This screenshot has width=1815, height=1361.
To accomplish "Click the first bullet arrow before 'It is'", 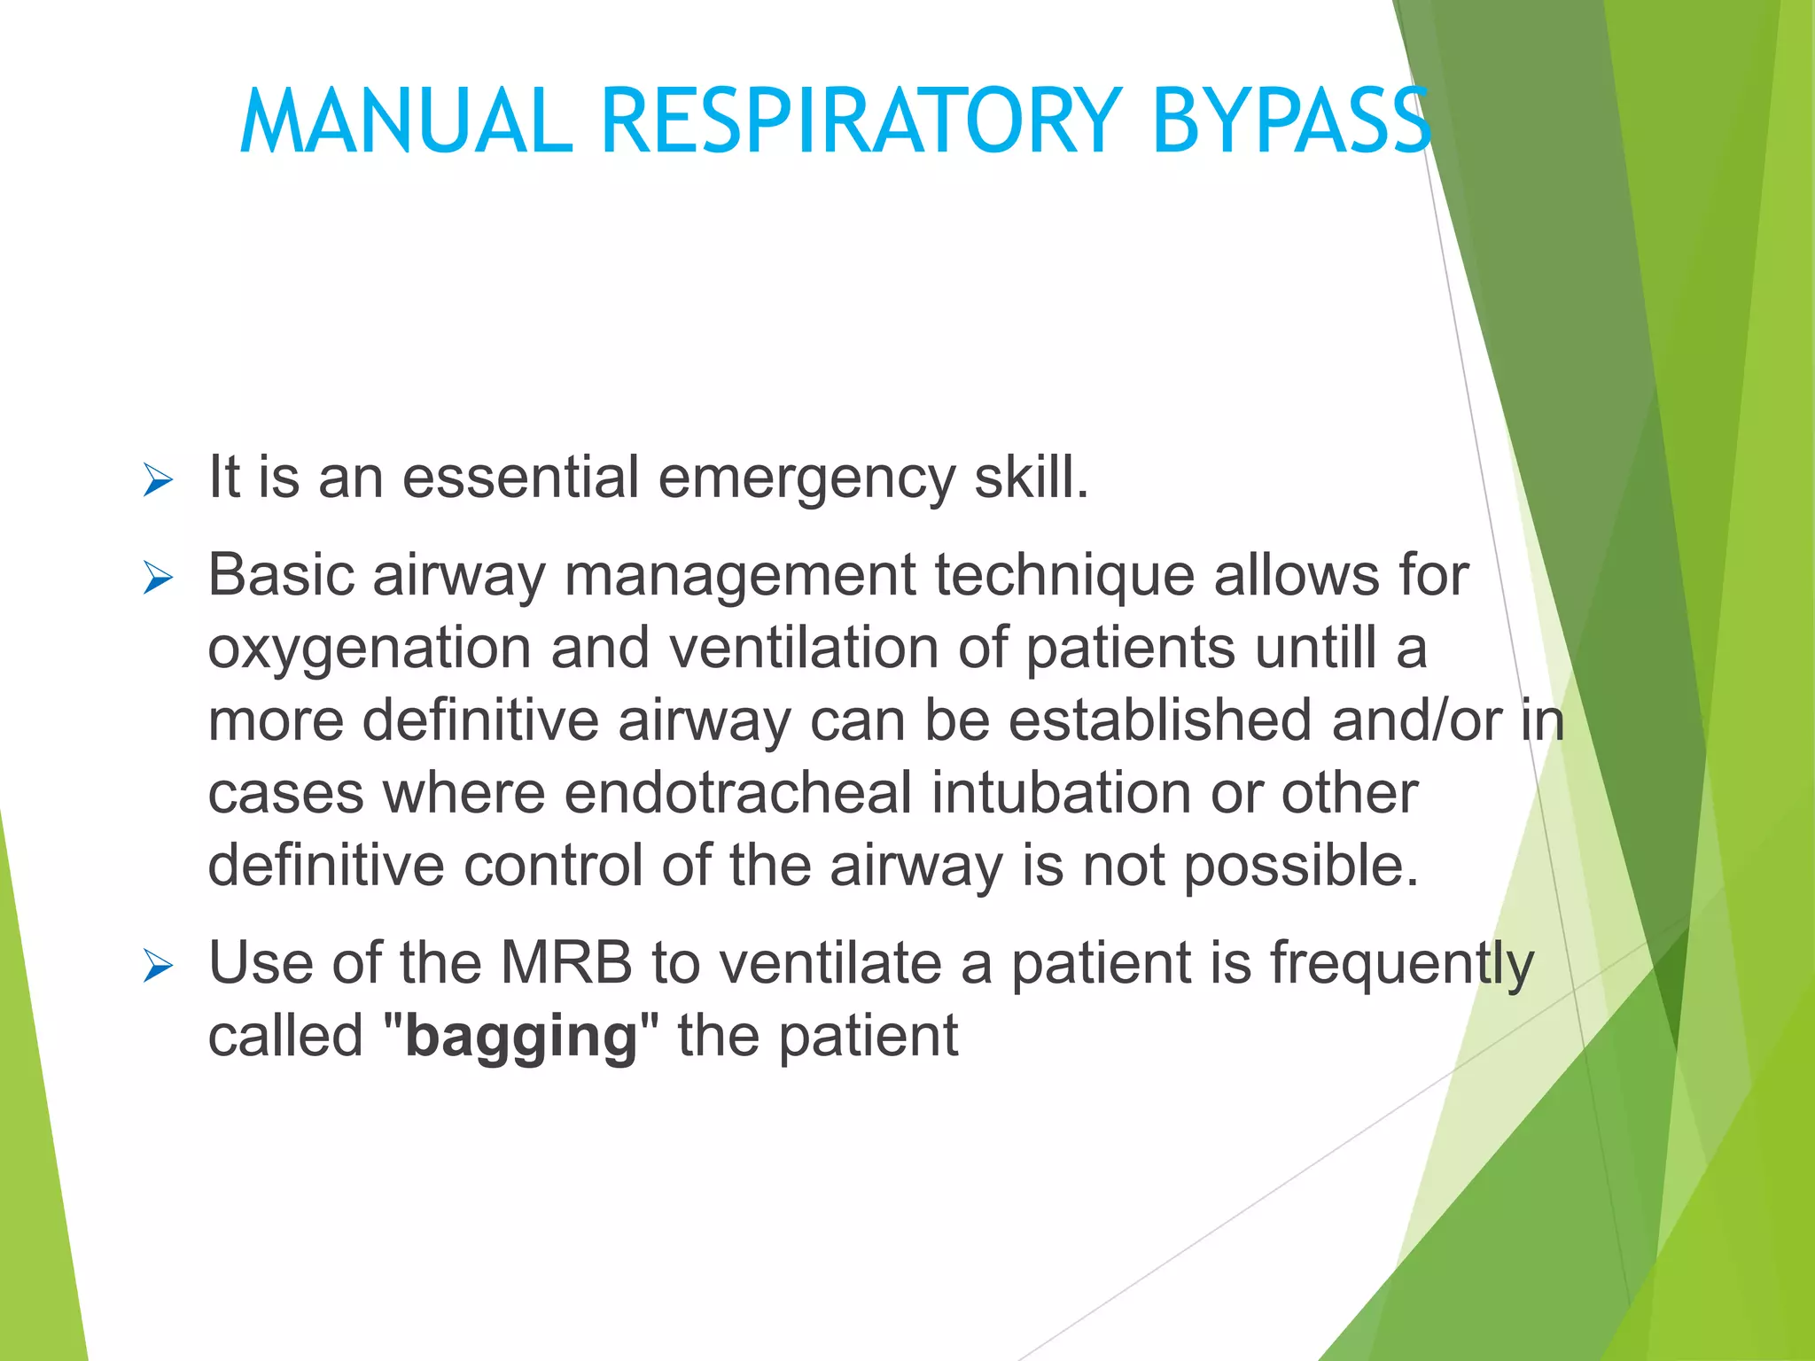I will (158, 481).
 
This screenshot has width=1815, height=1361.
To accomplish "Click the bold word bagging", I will (521, 1037).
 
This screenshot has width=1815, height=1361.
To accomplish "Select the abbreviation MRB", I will (566, 963).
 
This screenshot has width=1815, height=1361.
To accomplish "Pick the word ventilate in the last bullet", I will (830, 963).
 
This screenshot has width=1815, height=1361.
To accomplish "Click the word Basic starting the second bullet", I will (281, 575).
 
